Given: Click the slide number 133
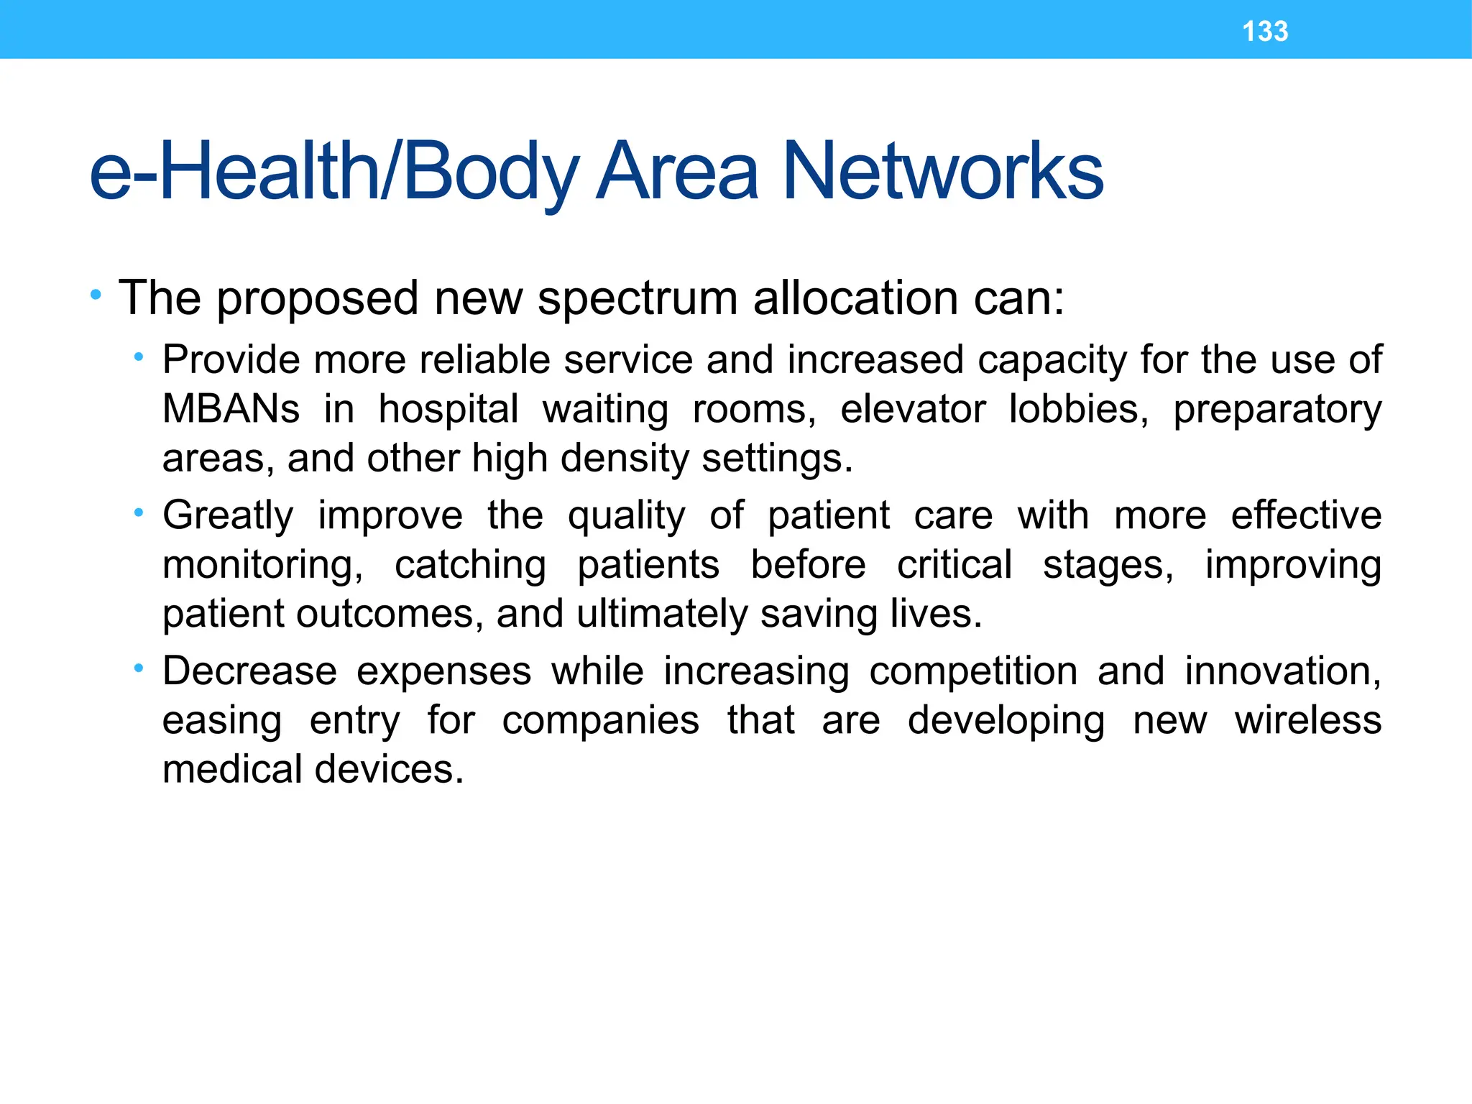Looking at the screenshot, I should click(x=1265, y=32).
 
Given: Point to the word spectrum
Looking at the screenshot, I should click(x=637, y=298).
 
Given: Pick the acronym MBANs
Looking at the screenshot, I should click(x=231, y=409).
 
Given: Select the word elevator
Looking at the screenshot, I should click(x=913, y=409).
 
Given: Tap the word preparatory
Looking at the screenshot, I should click(x=1277, y=410).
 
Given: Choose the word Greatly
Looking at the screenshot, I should click(x=228, y=516).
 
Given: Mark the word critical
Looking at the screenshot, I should click(x=954, y=565).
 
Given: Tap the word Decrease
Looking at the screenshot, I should click(x=249, y=671).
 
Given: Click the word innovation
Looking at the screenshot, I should click(x=1282, y=671).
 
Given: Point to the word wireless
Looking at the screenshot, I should click(x=1308, y=720).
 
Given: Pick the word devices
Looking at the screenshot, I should click(x=389, y=769).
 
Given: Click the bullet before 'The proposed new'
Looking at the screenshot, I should click(x=96, y=295).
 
